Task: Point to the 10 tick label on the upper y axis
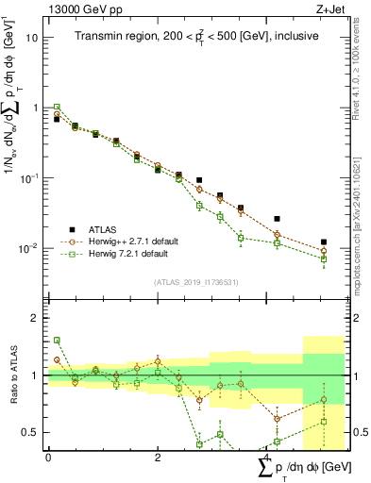point(32,38)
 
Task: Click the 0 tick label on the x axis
point(48,458)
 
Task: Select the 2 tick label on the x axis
point(157,458)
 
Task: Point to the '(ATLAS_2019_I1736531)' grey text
point(194,281)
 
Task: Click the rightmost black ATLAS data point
point(324,242)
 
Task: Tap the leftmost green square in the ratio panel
point(57,340)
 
